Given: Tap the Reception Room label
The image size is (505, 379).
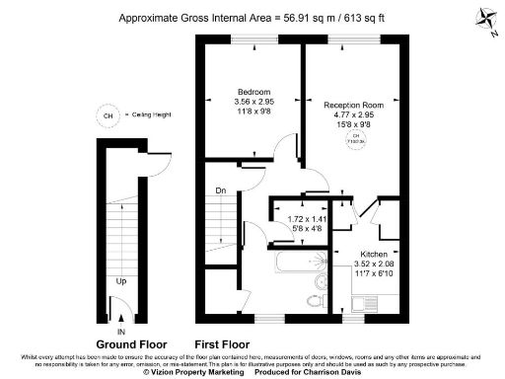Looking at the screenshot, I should pyautogui.click(x=353, y=103).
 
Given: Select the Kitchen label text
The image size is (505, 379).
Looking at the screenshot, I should pyautogui.click(x=374, y=254).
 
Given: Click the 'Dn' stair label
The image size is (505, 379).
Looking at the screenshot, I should pyautogui.click(x=222, y=190).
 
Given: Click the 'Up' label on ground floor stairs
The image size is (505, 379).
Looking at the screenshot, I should pyautogui.click(x=120, y=281).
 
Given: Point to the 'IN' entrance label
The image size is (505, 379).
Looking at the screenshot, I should pyautogui.click(x=120, y=333).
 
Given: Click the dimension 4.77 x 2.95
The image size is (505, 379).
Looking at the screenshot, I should pyautogui.click(x=353, y=114).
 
